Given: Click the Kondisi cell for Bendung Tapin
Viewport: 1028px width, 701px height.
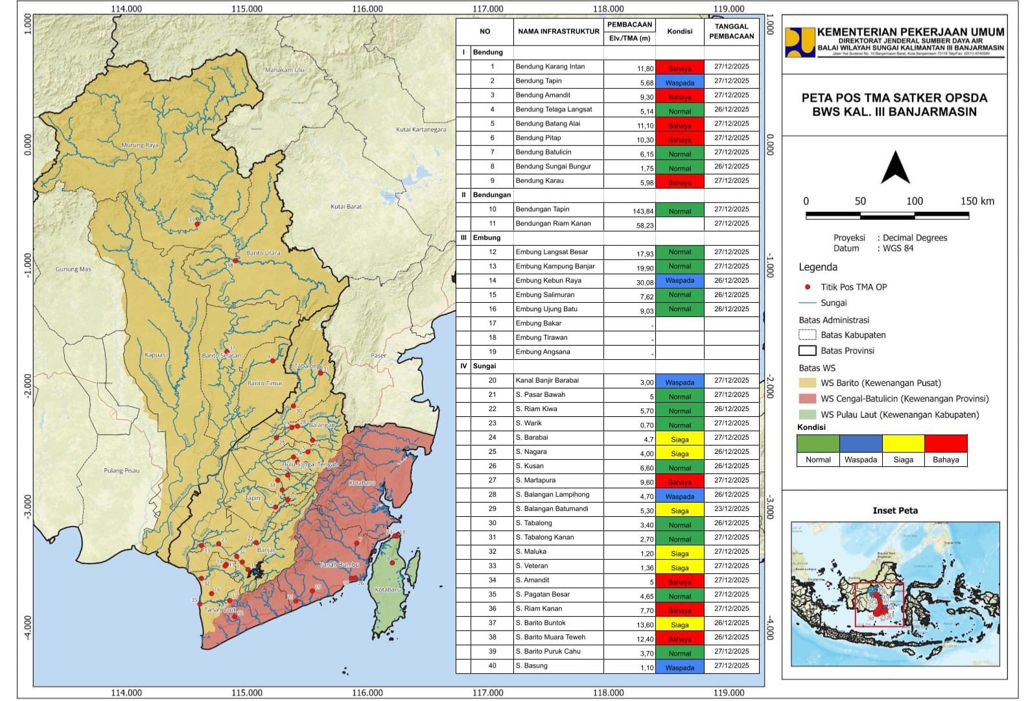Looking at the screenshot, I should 679,82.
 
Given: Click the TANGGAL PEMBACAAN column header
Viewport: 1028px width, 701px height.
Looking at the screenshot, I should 731,31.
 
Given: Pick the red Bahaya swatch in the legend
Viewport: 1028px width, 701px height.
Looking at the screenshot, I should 946,444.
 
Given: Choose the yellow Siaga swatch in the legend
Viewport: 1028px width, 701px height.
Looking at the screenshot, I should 903,444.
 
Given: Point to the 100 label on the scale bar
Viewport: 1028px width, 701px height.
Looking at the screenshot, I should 914,201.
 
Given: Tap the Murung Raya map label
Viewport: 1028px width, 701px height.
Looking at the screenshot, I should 140,145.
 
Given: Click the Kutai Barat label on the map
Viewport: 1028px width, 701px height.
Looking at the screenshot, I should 346,207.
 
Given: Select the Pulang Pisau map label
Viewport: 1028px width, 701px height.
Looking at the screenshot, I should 121,471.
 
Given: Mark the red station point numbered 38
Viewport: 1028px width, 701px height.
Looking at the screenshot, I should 236,261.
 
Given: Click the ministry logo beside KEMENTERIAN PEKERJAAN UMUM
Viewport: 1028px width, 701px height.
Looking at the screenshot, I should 799,42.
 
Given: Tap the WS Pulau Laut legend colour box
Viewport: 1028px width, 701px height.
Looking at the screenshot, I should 808,414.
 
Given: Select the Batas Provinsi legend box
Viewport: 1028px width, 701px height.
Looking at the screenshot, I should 808,351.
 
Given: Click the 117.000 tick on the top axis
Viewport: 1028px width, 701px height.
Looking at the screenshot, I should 487,8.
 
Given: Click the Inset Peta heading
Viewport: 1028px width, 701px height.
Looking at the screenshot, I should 894,510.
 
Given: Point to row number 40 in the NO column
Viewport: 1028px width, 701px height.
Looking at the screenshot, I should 492,666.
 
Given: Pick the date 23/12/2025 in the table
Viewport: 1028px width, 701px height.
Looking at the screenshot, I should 731,509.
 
